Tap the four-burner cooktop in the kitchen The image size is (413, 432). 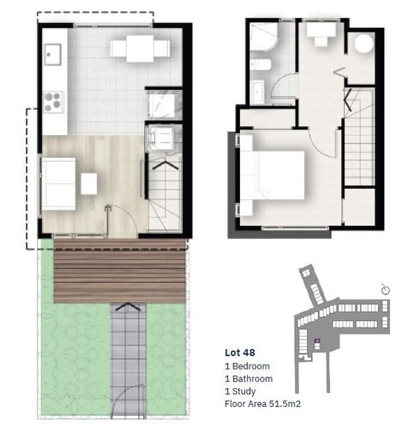click(53, 101)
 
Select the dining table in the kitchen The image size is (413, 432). click(139, 49)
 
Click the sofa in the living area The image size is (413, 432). click(58, 184)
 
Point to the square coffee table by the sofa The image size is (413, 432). click(89, 184)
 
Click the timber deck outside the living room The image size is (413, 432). click(120, 271)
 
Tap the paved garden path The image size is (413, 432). click(128, 353)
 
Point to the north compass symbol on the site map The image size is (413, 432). click(386, 289)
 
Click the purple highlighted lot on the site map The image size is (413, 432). click(316, 341)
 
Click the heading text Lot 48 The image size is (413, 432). click(240, 353)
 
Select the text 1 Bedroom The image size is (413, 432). click(247, 366)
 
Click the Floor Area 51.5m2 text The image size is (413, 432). click(262, 405)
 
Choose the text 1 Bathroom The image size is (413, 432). click(249, 379)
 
